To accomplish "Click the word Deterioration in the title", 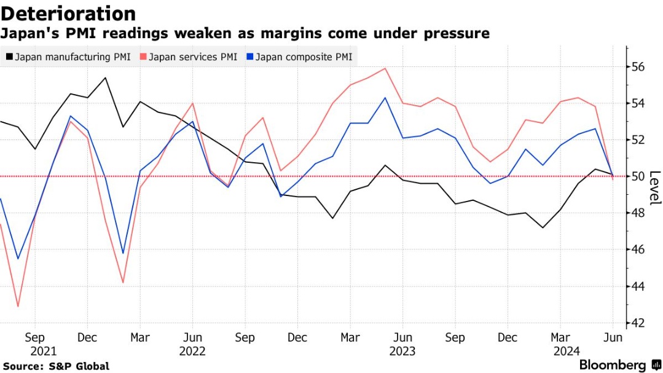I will tap(68, 14).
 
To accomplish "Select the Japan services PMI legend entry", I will tap(189, 57).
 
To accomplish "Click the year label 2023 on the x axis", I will tap(402, 351).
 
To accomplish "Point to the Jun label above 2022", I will tap(193, 337).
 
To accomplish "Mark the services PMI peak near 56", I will tap(385, 68).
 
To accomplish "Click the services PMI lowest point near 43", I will tap(18, 306).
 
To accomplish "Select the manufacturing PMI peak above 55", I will tap(105, 77).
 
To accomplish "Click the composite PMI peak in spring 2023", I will tap(385, 98).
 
